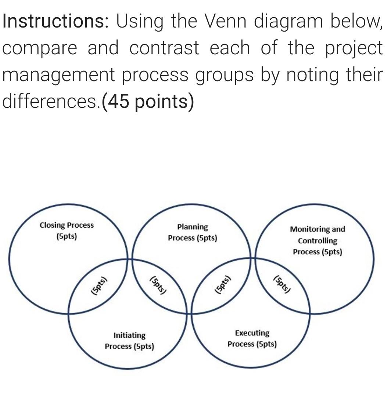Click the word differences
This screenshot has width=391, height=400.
pos(51,101)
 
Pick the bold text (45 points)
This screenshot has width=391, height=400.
pos(148,102)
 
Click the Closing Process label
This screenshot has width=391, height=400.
pos(67,230)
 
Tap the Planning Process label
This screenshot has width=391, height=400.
pos(193,232)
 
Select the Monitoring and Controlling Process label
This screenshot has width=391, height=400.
pos(318,240)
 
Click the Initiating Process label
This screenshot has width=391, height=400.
pos(129,341)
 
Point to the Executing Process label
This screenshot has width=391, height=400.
pos(252,338)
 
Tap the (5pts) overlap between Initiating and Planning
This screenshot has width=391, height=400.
pos(158,286)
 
